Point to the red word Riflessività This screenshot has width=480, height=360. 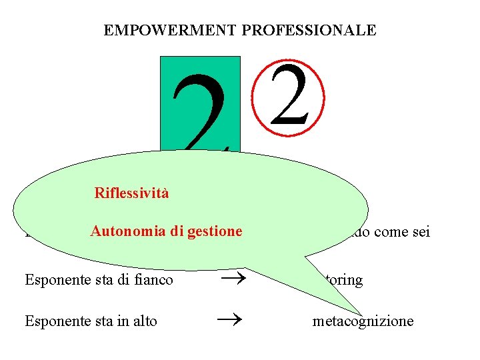131,193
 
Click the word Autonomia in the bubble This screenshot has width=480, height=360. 124,231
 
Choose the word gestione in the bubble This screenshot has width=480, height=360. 215,231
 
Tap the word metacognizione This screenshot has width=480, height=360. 363,321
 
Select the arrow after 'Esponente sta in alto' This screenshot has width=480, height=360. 227,321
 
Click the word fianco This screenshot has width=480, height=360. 154,280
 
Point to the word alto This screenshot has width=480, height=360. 145,321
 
